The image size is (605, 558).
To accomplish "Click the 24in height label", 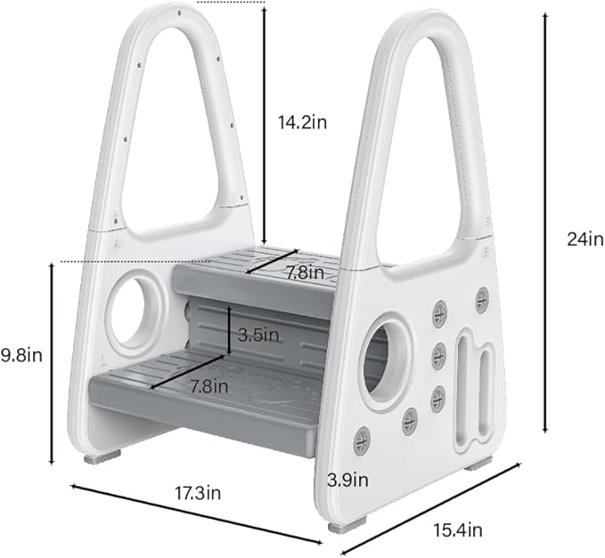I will (x=576, y=239).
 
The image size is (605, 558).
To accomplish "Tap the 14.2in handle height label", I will (x=302, y=122).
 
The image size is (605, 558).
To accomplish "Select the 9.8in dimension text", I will (x=21, y=355).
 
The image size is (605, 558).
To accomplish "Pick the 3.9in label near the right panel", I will (x=347, y=480).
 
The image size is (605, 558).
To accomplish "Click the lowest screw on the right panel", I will (x=362, y=439).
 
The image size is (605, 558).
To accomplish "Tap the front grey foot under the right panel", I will (x=340, y=527).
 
